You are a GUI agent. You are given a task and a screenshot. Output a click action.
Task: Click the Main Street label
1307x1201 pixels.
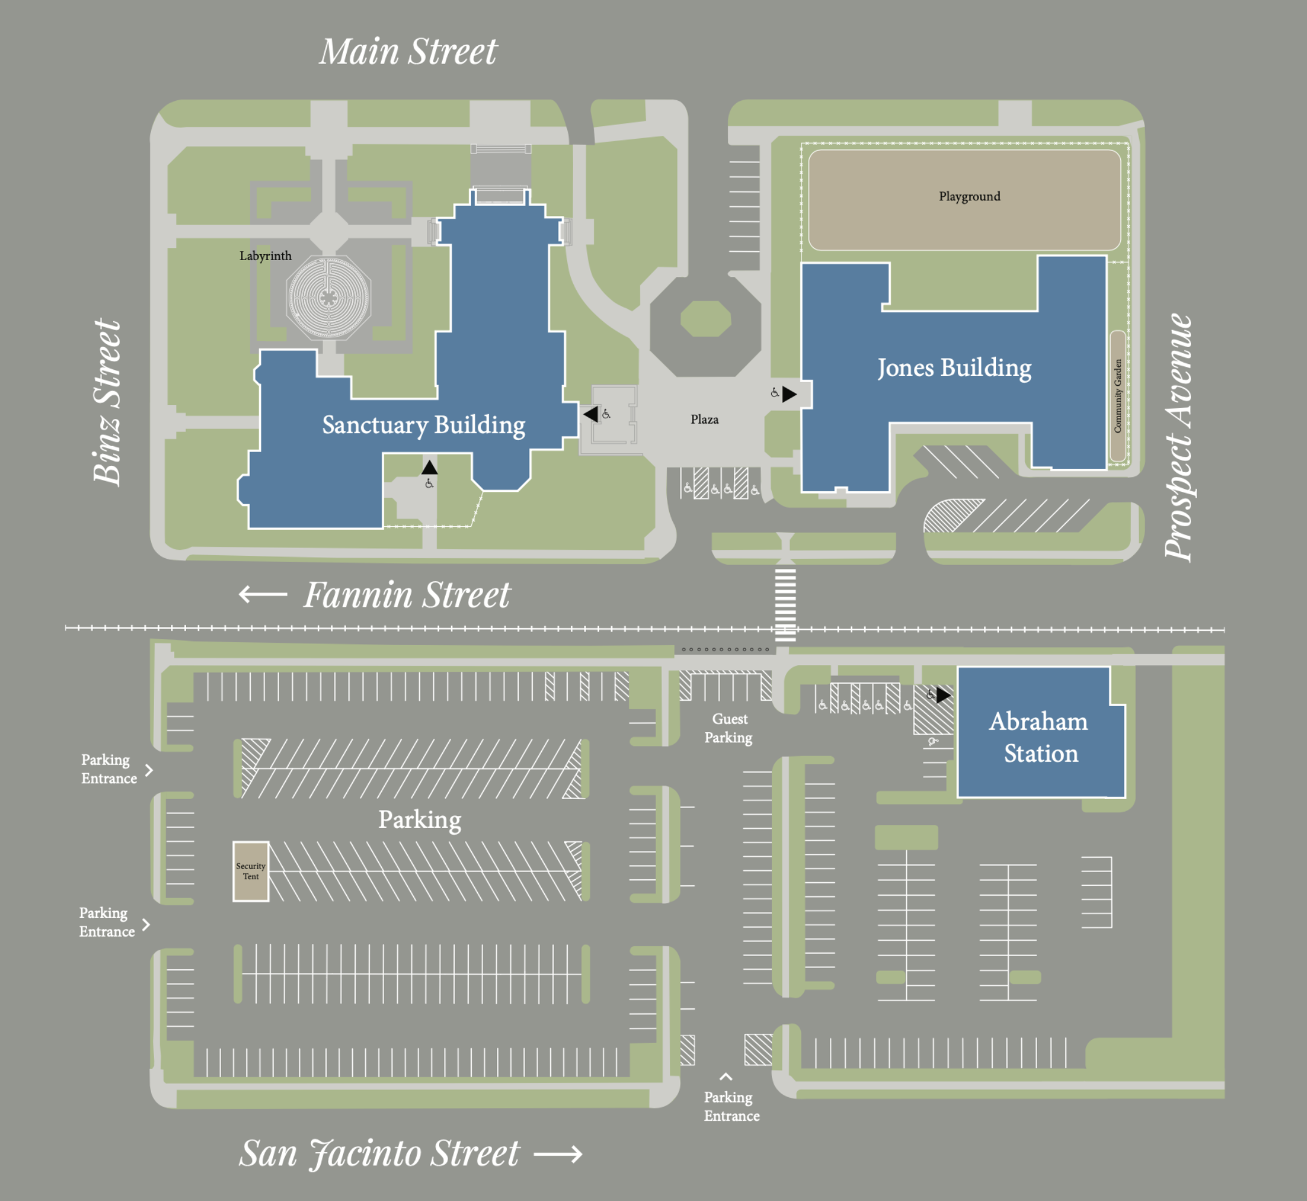pyautogui.click(x=408, y=52)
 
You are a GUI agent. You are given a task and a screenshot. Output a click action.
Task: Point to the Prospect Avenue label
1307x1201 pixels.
pyautogui.click(x=1178, y=438)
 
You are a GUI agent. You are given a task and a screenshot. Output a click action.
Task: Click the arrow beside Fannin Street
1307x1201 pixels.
pyautogui.click(x=263, y=594)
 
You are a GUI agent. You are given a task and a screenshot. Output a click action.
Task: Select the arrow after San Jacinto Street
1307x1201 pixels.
pyautogui.click(x=557, y=1154)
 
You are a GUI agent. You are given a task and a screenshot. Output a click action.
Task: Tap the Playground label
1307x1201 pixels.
pyautogui.click(x=969, y=196)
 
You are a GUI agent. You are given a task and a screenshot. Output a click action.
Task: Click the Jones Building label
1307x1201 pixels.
pyautogui.click(x=954, y=368)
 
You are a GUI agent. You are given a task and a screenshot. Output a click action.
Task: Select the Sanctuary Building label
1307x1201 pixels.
pyautogui.click(x=423, y=425)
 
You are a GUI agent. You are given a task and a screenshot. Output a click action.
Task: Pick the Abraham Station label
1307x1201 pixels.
pyautogui.click(x=1039, y=737)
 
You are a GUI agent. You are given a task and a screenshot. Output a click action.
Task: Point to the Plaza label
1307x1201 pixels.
pyautogui.click(x=704, y=419)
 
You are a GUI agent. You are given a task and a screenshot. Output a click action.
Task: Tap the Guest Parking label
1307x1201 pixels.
pyautogui.click(x=729, y=728)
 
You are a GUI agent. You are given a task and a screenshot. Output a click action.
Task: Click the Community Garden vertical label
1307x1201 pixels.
pyautogui.click(x=1118, y=396)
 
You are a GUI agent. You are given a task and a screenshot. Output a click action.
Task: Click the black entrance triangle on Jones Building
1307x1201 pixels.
pyautogui.click(x=789, y=394)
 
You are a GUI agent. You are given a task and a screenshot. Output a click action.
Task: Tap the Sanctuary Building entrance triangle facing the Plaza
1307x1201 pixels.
pyautogui.click(x=591, y=414)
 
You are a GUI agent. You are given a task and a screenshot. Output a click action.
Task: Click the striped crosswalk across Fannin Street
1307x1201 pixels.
pyautogui.click(x=785, y=604)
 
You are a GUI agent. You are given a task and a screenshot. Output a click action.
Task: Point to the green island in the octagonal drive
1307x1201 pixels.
pyautogui.click(x=705, y=319)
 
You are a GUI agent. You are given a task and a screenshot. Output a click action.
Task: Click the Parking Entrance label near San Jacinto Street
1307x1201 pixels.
pyautogui.click(x=731, y=1106)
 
